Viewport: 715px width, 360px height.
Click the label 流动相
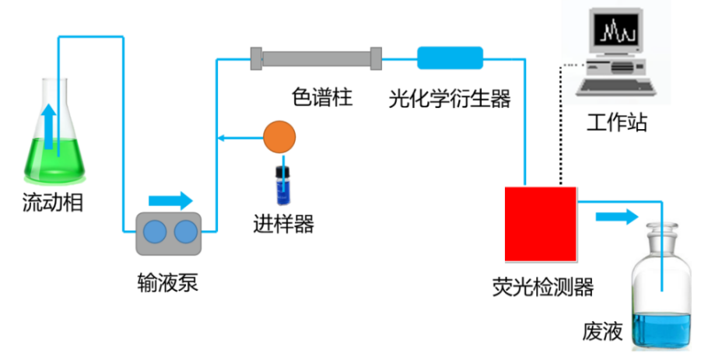53,204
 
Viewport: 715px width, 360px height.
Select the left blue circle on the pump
155,233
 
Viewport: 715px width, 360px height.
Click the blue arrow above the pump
170,201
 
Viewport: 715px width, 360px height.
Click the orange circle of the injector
279,138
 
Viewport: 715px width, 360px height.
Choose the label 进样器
283,224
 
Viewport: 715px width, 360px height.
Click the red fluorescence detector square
541,223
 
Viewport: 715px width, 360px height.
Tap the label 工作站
617,122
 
